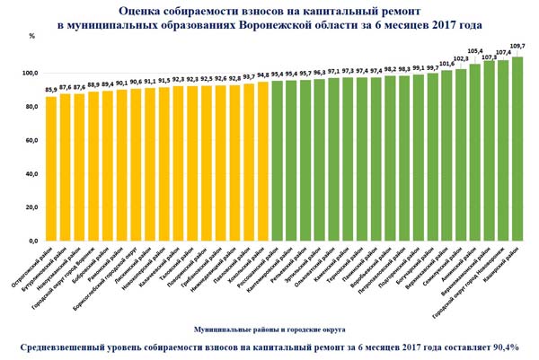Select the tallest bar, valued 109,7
517,148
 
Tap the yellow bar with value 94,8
263,161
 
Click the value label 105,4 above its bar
475,52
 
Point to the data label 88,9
93,84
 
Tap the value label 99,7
432,67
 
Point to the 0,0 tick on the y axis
33,241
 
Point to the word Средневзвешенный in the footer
63,347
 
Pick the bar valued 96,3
320,160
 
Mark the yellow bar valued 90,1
122,165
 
